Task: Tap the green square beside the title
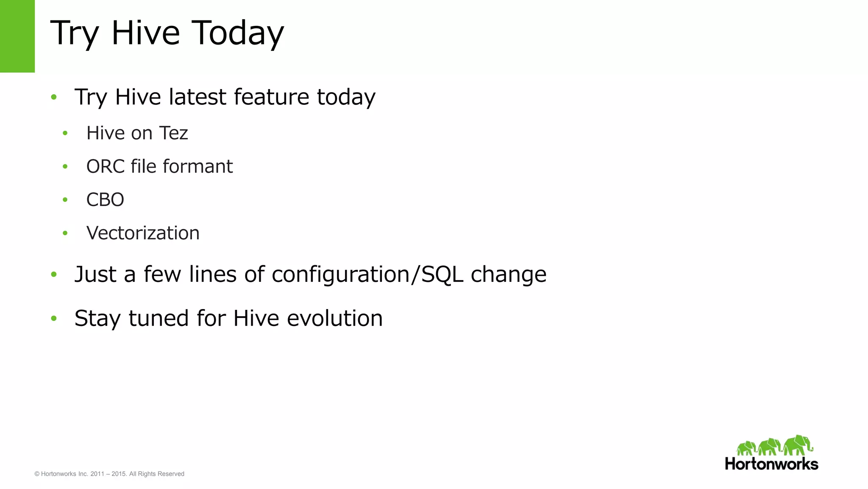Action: (17, 36)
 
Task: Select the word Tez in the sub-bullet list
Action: (173, 133)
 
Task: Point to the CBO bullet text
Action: (105, 200)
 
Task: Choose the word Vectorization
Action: (143, 233)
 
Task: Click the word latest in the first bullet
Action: (198, 97)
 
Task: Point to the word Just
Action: (95, 274)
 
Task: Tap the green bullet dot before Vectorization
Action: (65, 233)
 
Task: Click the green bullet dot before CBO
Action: (65, 200)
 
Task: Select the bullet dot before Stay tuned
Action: (53, 318)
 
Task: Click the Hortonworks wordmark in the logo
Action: (771, 464)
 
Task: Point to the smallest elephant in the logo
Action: (746, 448)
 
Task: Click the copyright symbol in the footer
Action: (37, 474)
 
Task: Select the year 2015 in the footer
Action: (119, 474)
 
